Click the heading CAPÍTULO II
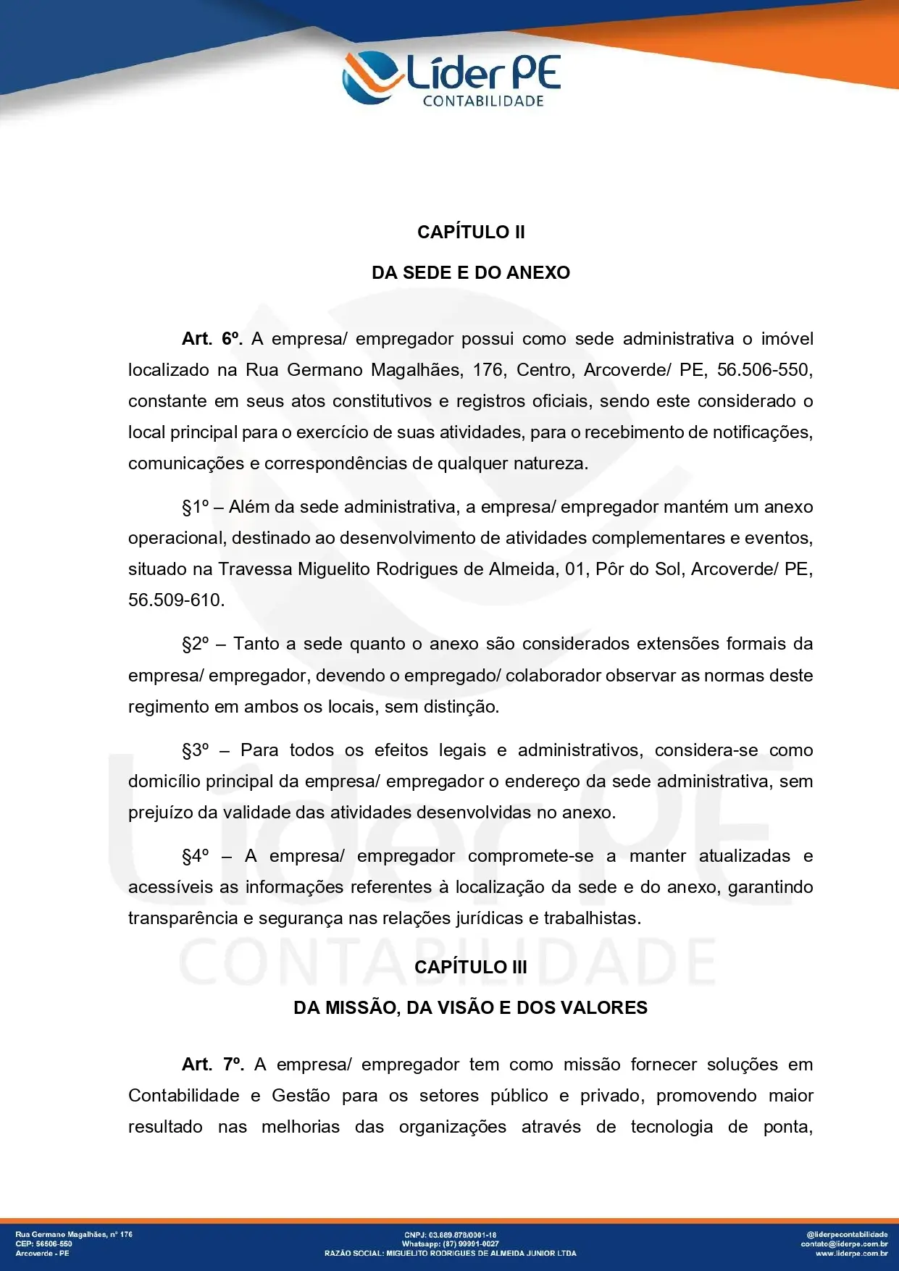(x=471, y=232)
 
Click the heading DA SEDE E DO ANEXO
(x=471, y=273)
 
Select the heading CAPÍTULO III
(x=471, y=968)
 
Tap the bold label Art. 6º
(x=212, y=339)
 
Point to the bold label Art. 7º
(x=212, y=1065)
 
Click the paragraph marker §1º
(x=196, y=507)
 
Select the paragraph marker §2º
(x=196, y=644)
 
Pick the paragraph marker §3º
(x=196, y=750)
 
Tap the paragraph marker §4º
(x=196, y=856)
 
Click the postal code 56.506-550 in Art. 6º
(x=764, y=370)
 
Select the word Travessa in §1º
(x=256, y=569)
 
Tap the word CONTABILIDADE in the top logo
(x=483, y=101)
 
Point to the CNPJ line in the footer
(x=450, y=1235)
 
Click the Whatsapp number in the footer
(x=451, y=1243)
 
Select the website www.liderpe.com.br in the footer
(x=851, y=1253)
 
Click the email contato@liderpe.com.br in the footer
(x=844, y=1243)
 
